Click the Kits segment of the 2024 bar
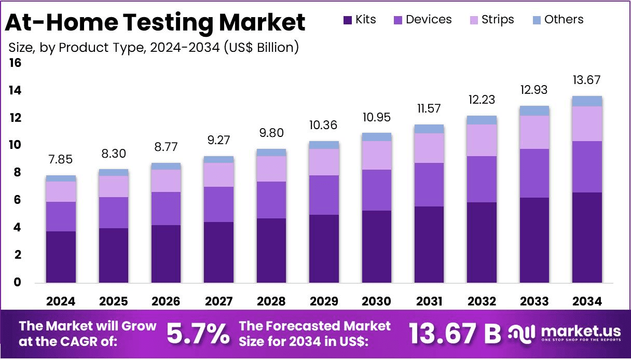pos(61,257)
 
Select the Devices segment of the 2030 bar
pos(376,190)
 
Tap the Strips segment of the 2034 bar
pos(587,123)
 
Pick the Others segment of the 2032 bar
pos(482,120)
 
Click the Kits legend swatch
pos(347,20)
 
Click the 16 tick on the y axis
pos(15,63)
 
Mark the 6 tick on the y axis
pos(18,200)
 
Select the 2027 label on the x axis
pos(218,301)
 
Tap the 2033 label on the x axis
pos(534,301)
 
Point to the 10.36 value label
pos(324,126)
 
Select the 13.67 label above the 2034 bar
pos(587,80)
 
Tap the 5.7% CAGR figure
pos(198,334)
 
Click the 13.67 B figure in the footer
pos(455,334)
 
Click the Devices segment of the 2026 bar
pos(166,209)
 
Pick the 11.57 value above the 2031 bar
pos(429,109)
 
